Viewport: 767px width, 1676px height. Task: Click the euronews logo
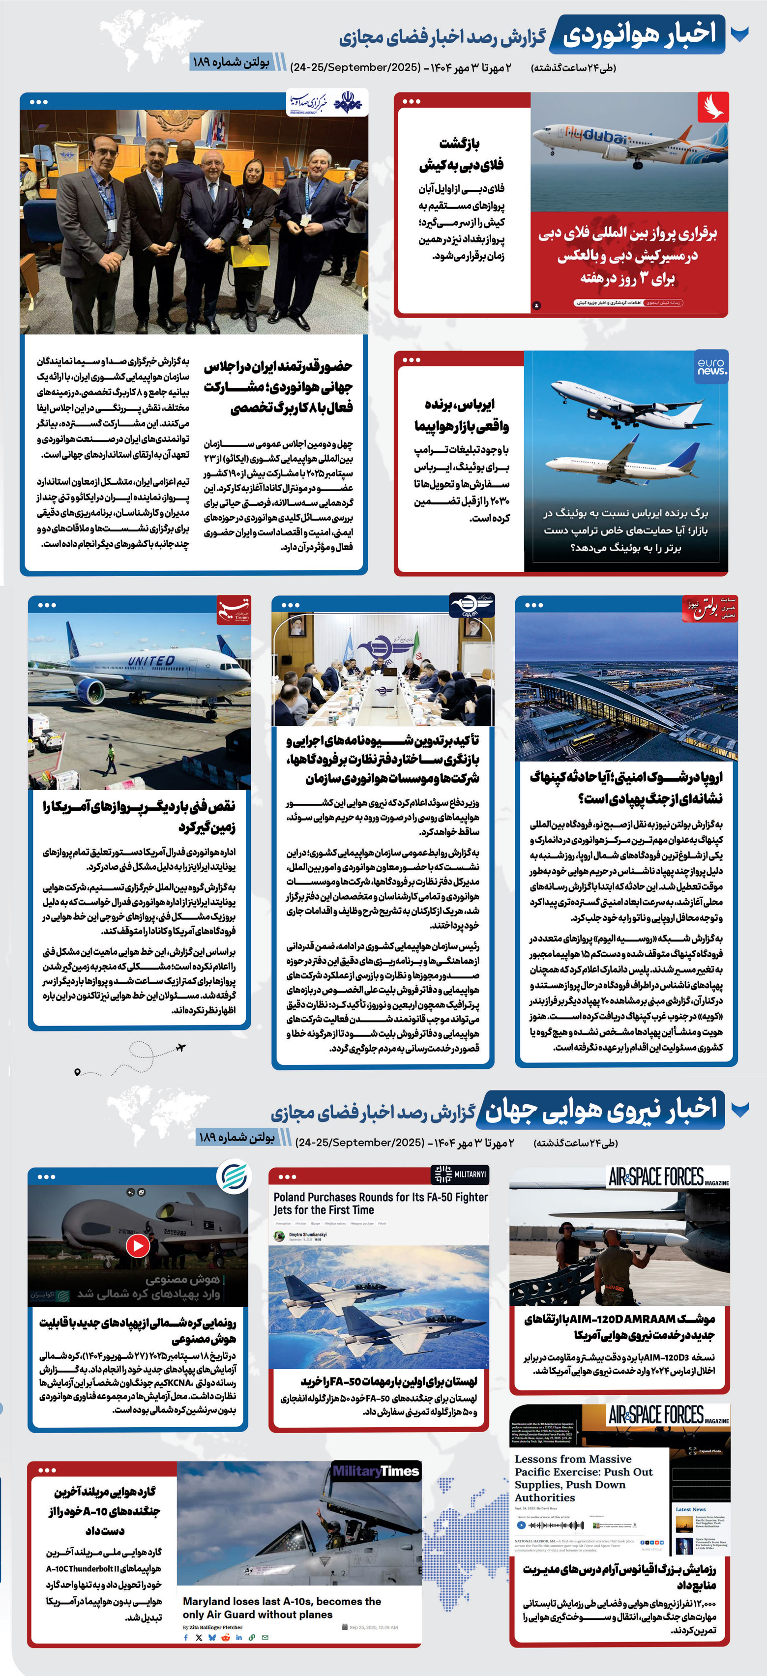click(x=711, y=367)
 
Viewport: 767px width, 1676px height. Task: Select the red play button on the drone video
click(x=137, y=1245)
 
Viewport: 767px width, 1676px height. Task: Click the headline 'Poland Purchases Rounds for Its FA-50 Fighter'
click(x=381, y=1203)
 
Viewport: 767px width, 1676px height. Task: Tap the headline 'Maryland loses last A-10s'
click(x=282, y=1607)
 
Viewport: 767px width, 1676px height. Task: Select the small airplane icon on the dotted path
click(x=181, y=1048)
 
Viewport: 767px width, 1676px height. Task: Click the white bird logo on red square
click(x=713, y=107)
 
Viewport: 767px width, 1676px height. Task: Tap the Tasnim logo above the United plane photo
click(x=233, y=609)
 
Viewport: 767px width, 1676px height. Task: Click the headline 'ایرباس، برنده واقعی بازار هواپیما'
click(x=461, y=415)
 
